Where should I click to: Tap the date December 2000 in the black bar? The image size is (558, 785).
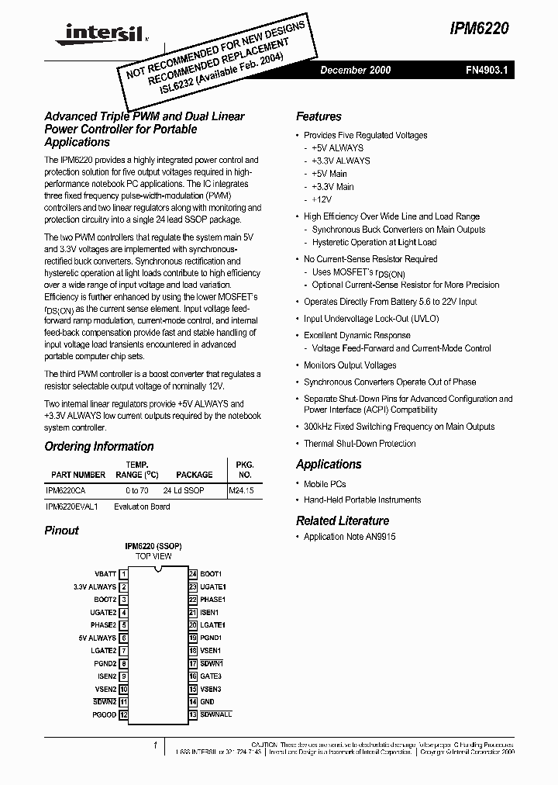pyautogui.click(x=355, y=70)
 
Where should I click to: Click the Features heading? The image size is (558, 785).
pyautogui.click(x=319, y=116)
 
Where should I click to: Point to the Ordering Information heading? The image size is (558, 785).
pyautogui.click(x=99, y=446)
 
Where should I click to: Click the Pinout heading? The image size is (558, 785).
pyautogui.click(x=62, y=531)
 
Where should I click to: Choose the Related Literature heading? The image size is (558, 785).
pyautogui.click(x=343, y=520)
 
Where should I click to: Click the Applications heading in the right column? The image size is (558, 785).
pyautogui.click(x=329, y=464)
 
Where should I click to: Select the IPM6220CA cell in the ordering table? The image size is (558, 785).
pyautogui.click(x=66, y=491)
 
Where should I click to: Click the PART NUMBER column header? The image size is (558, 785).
pyautogui.click(x=78, y=474)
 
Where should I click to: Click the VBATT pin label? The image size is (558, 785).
pyautogui.click(x=105, y=574)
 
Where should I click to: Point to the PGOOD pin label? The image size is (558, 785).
pyautogui.click(x=104, y=714)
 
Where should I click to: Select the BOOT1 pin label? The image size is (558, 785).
pyautogui.click(x=211, y=574)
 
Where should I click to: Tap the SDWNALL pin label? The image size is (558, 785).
pyautogui.click(x=215, y=714)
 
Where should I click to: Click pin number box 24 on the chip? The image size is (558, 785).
pyautogui.click(x=193, y=574)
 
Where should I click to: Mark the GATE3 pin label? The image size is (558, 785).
pyautogui.click(x=211, y=676)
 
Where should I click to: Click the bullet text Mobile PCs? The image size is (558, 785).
pyautogui.click(x=325, y=484)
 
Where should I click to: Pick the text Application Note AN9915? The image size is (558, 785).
pyautogui.click(x=350, y=537)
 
